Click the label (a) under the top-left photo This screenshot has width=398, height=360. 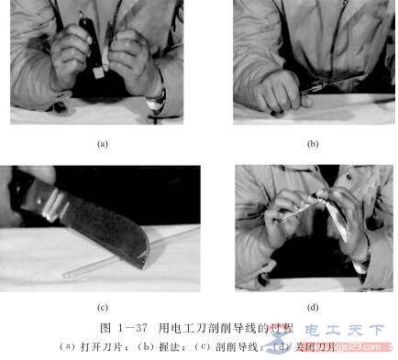click(x=102, y=144)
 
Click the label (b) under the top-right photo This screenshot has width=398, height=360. click(x=313, y=144)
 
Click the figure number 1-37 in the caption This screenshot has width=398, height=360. click(x=127, y=327)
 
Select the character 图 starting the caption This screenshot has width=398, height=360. click(x=103, y=327)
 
